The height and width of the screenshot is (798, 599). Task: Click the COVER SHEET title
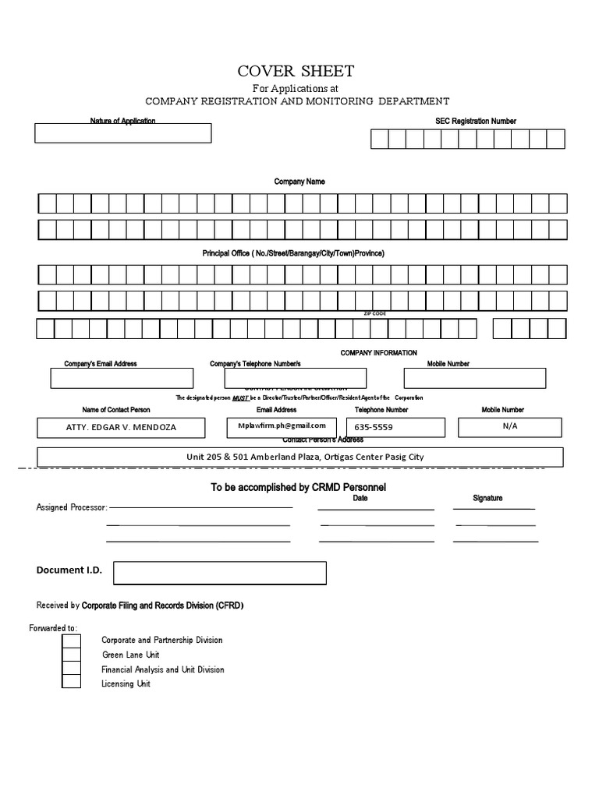296,72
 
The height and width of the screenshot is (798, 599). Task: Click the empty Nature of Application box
122,133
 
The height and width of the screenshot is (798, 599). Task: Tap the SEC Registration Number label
475,122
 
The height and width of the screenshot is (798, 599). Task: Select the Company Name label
299,182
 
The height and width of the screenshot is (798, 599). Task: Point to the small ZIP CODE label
375,313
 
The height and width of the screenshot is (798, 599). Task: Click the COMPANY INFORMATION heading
378,353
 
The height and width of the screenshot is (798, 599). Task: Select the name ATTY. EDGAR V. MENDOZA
121,428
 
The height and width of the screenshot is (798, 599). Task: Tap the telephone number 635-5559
374,428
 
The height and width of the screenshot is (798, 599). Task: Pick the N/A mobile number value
510,426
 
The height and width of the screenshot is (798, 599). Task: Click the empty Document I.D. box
219,573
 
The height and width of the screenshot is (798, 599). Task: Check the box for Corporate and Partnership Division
71,641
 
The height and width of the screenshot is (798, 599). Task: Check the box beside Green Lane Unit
71,655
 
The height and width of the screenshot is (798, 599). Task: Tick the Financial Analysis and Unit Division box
71,669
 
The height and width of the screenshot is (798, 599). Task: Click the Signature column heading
487,498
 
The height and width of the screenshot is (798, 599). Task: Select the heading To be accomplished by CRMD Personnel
299,487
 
